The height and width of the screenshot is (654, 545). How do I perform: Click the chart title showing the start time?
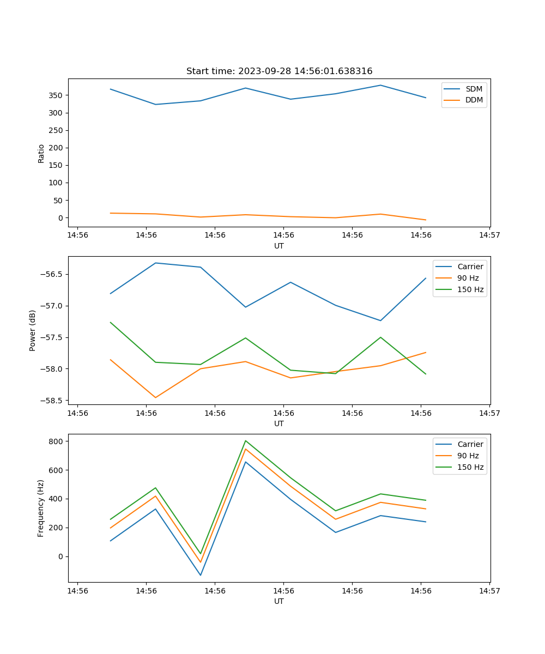279,71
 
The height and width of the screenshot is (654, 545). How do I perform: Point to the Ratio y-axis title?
41,153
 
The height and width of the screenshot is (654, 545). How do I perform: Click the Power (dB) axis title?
33,330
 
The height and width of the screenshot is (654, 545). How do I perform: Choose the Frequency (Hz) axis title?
41,508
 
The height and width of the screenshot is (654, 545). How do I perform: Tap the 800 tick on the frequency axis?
56,441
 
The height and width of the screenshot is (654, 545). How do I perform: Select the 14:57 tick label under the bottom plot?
489,591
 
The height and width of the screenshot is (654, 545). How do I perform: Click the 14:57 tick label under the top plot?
489,235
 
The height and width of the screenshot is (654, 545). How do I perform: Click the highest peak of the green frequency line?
246,440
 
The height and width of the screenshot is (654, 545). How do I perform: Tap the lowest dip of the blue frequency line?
201,575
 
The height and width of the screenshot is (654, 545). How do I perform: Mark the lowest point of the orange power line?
155,397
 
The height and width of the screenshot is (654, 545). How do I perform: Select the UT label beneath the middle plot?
279,423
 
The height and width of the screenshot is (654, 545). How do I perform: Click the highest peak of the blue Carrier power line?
155,263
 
